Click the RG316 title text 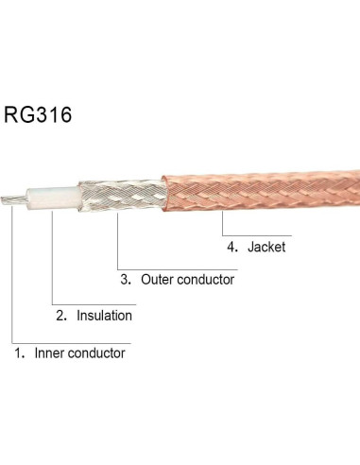click(x=38, y=114)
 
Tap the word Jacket click(x=266, y=247)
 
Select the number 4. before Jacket click(x=232, y=247)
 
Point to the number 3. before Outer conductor click(x=126, y=280)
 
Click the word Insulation click(x=104, y=316)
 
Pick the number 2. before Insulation click(x=61, y=316)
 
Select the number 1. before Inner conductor click(x=20, y=353)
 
